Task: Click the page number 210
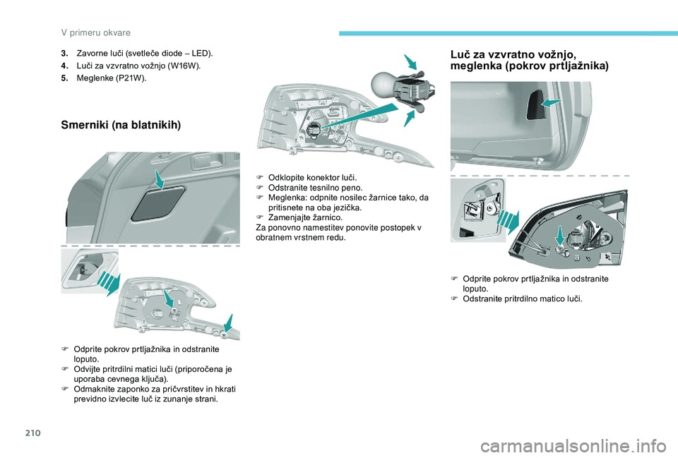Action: [33, 433]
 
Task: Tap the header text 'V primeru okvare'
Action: [95, 33]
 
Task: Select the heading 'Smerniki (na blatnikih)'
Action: [121, 126]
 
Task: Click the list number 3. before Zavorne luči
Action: [64, 54]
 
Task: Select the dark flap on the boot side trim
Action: [157, 203]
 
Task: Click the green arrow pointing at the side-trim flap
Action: [160, 179]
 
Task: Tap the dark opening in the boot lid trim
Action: [537, 104]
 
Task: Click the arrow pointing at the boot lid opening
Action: [552, 103]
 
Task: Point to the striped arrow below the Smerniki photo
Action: [108, 282]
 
